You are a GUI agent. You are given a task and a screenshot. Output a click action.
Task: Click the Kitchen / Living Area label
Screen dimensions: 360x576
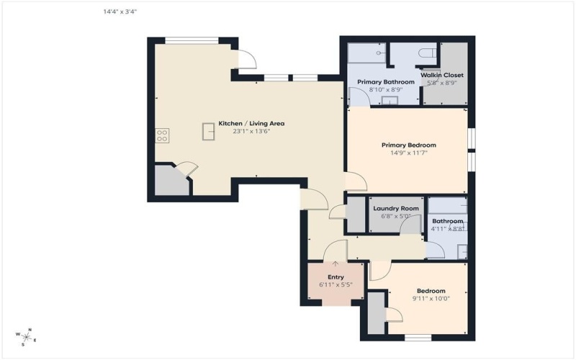[245, 123]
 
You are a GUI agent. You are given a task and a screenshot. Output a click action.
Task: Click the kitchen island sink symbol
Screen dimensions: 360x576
[210, 132]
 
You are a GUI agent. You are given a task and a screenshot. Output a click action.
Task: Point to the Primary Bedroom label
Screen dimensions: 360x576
[408, 145]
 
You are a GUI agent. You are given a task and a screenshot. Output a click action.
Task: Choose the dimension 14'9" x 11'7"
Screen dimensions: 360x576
[408, 153]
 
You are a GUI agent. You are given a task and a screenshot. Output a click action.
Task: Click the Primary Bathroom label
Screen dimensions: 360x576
[386, 82]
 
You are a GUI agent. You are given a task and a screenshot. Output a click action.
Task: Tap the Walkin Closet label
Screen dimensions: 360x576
[443, 75]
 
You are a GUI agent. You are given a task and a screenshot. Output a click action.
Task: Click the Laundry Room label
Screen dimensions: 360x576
[396, 208]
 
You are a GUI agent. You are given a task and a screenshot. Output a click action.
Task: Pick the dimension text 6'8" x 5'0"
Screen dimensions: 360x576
[396, 216]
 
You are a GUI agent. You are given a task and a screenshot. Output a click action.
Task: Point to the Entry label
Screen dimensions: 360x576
[336, 277]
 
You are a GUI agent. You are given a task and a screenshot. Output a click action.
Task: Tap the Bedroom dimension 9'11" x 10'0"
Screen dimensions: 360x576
[431, 298]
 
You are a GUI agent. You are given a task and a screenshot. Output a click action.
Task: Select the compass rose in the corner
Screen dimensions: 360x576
[26, 336]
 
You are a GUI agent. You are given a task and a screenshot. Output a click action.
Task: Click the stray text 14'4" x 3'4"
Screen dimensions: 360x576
[120, 12]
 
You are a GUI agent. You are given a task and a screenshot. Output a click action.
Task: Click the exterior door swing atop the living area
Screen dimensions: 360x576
[246, 60]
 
